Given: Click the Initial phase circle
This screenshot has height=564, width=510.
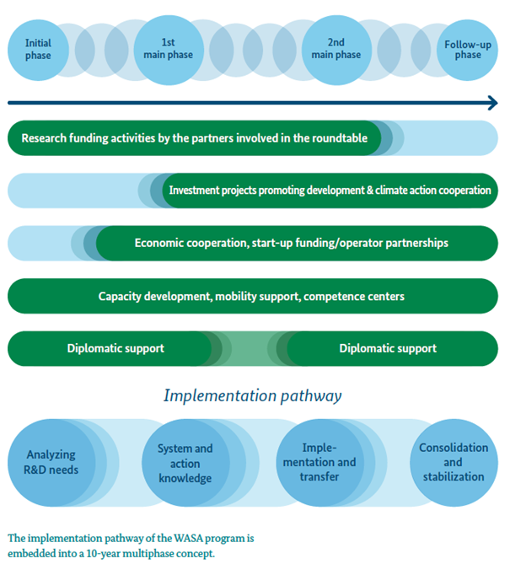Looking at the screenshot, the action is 38,50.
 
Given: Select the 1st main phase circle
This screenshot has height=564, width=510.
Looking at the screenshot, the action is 169,50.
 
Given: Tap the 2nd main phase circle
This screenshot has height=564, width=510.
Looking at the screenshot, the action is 336,50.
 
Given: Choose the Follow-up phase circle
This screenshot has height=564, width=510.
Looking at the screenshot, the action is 467,50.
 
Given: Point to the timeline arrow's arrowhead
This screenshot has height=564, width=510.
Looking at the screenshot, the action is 493,103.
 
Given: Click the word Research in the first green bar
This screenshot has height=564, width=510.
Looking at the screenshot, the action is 44,138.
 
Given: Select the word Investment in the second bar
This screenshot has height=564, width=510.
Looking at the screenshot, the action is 194,190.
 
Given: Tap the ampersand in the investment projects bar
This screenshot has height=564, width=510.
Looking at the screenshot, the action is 370,190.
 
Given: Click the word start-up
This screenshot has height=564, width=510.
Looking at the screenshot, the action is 272,243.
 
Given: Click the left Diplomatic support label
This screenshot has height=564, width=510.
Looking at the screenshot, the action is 115,348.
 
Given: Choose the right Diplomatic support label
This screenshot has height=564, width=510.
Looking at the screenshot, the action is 388,348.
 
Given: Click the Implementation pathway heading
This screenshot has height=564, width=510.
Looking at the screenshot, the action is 253,395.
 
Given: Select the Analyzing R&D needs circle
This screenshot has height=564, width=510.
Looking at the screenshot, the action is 51,463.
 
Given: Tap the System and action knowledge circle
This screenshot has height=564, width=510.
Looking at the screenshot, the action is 185,463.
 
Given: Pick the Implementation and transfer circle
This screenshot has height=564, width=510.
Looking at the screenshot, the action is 319,463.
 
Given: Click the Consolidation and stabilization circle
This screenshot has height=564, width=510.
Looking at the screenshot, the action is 454,463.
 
